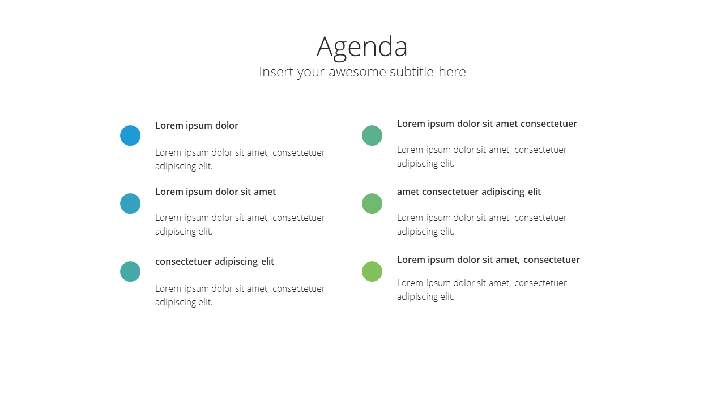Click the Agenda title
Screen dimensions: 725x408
pos(362,48)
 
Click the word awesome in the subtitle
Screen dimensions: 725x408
pos(357,72)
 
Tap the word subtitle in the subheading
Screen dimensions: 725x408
pos(412,71)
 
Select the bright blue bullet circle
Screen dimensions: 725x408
pos(130,135)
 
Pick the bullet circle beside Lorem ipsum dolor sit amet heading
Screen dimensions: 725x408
pos(130,203)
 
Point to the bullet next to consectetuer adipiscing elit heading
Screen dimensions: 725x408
pos(130,271)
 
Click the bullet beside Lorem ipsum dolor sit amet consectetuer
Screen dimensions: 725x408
pos(372,135)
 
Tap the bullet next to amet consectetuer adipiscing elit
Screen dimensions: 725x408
pos(372,203)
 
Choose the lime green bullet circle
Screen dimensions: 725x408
pos(372,271)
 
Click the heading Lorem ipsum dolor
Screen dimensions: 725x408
pos(197,126)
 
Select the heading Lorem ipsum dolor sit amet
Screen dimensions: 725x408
pos(216,192)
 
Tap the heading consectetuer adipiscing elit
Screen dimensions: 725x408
pos(215,262)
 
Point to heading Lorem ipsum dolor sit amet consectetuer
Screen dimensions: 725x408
pos(487,124)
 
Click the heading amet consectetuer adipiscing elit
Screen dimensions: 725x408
pos(469,192)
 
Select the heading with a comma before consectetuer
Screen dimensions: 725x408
pos(488,260)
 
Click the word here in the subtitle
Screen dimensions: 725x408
pos(452,71)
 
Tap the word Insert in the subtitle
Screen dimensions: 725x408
pos(276,71)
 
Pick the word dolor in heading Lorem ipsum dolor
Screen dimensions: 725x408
pos(227,125)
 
